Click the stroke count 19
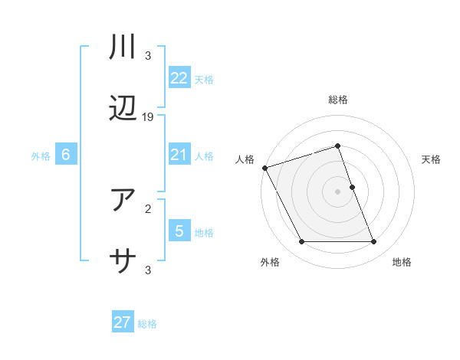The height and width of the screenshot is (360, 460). click(x=148, y=117)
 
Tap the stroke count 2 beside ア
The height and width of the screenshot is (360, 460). click(x=148, y=208)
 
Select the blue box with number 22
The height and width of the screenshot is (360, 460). click(x=179, y=78)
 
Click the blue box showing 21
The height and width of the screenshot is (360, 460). click(x=179, y=155)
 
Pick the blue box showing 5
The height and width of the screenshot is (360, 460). click(x=179, y=231)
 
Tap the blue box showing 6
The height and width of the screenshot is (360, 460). click(x=66, y=155)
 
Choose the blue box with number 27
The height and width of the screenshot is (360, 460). click(x=122, y=322)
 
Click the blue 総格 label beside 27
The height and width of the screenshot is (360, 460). click(x=147, y=324)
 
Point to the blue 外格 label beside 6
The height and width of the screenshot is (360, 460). click(x=41, y=156)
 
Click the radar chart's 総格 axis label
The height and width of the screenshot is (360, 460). click(x=338, y=100)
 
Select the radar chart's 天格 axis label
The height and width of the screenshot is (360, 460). click(x=432, y=159)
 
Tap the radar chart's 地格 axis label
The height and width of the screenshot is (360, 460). click(x=402, y=262)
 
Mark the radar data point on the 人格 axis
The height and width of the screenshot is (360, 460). click(x=265, y=168)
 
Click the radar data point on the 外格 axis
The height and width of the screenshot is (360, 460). click(x=301, y=242)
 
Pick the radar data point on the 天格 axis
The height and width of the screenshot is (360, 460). click(x=352, y=187)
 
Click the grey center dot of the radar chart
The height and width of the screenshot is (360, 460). click(x=338, y=191)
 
